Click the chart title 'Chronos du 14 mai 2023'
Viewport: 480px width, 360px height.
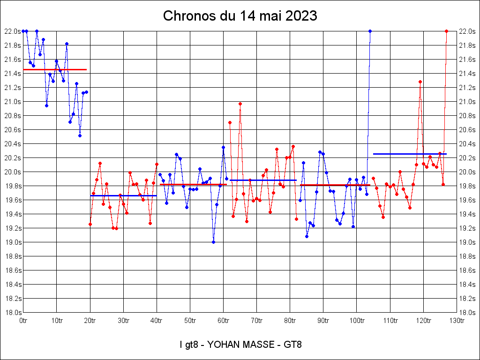240,16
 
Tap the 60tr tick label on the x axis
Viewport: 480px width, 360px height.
224,321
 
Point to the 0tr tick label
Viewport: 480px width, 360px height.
23,321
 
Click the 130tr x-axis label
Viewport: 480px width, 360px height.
457,321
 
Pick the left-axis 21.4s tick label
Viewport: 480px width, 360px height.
12,74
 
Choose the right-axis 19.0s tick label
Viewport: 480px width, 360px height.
468,242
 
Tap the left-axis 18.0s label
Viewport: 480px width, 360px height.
12,313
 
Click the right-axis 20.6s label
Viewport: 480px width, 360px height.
468,130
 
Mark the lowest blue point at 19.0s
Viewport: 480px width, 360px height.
213,242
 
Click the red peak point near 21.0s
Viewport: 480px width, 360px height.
240,104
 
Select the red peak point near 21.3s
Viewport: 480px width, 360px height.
420,82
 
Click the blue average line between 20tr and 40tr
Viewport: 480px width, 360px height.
123,195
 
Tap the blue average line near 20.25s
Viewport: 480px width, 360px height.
410,154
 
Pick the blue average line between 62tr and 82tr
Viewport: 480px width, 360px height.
263,180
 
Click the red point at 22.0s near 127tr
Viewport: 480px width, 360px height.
447,31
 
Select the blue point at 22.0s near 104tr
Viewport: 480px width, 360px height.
370,31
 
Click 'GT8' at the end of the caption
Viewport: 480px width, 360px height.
292,345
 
